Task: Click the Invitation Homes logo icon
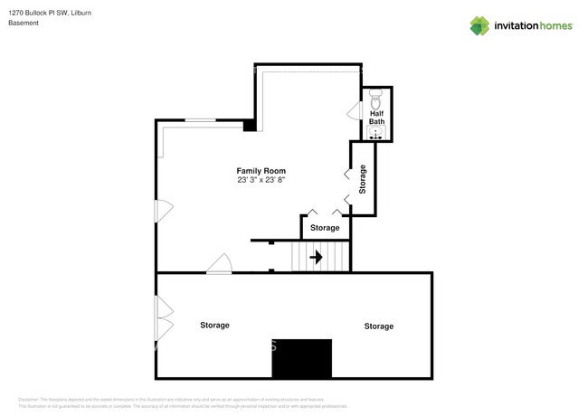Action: click(x=480, y=25)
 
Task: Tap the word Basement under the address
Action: click(x=24, y=24)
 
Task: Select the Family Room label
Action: click(x=261, y=170)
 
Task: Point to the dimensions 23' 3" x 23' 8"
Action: click(x=261, y=180)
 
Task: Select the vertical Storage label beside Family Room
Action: click(x=363, y=179)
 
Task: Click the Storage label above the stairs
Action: click(x=325, y=228)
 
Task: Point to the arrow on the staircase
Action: click(x=316, y=258)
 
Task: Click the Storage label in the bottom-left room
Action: click(x=214, y=325)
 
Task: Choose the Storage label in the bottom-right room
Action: click(x=378, y=326)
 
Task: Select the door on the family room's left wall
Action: click(x=162, y=211)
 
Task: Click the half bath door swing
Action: click(x=355, y=110)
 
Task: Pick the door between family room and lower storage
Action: click(x=220, y=263)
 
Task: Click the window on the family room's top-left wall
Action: click(x=200, y=120)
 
